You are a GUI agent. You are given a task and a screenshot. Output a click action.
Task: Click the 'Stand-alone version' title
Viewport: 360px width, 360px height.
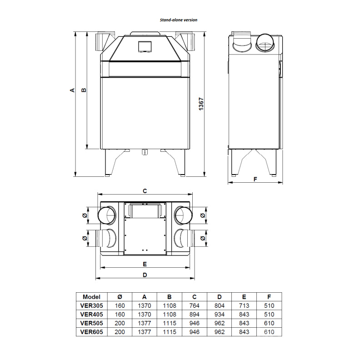pyautogui.click(x=179, y=20)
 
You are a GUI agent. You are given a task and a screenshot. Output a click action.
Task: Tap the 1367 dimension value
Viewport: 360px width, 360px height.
pyautogui.click(x=201, y=104)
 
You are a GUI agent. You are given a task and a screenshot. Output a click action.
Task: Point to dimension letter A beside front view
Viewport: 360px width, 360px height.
pyautogui.click(x=72, y=90)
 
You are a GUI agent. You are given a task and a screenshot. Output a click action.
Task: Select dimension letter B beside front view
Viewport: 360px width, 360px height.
pyautogui.click(x=84, y=90)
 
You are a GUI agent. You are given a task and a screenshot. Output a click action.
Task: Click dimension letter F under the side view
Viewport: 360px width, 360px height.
pyautogui.click(x=255, y=179)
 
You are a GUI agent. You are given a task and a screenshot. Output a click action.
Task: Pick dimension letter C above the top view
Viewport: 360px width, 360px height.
pyautogui.click(x=145, y=191)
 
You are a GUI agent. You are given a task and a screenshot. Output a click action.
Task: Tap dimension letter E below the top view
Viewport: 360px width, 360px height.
pyautogui.click(x=145, y=264)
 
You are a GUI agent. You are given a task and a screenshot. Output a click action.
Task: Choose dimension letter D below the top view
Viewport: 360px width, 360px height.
pyautogui.click(x=145, y=275)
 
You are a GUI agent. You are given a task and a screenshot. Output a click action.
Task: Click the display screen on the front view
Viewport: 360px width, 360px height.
pyautogui.click(x=145, y=46)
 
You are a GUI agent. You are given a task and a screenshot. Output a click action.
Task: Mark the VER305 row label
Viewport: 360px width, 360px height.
pyautogui.click(x=92, y=305)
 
